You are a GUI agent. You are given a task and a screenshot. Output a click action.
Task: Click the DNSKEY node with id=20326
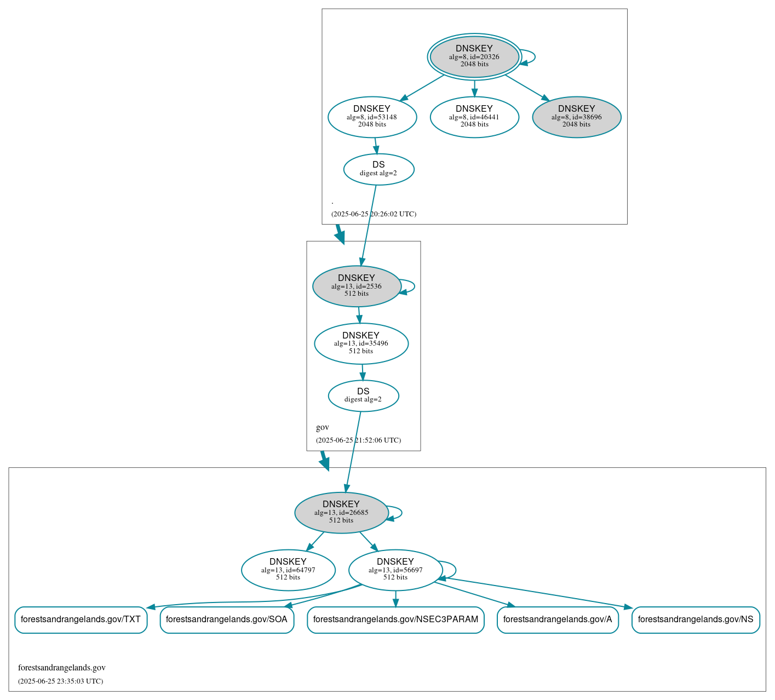(474, 56)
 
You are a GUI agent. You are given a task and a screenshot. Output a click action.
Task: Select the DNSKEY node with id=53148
(372, 117)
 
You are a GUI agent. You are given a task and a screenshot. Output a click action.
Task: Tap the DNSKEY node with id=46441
(474, 117)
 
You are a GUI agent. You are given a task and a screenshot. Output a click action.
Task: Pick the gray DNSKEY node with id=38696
(576, 117)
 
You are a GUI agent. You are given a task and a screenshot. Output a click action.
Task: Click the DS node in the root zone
(378, 169)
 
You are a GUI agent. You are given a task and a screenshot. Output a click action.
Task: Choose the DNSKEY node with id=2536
(357, 286)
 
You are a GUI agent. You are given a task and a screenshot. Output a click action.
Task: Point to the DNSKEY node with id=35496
(361, 343)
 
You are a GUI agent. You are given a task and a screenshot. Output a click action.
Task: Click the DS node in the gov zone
(363, 395)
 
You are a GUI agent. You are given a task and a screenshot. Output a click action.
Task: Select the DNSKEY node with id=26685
(341, 512)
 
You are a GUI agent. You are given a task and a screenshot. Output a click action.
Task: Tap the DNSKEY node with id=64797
(288, 570)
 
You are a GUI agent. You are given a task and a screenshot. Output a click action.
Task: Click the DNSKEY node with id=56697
(395, 570)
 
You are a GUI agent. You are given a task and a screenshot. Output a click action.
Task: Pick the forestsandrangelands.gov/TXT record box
(81, 619)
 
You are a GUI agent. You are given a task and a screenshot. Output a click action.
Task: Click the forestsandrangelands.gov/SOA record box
(227, 619)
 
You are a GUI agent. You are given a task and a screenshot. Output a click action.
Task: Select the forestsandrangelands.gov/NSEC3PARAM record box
(395, 619)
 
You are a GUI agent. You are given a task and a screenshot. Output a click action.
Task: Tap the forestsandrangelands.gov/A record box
(558, 619)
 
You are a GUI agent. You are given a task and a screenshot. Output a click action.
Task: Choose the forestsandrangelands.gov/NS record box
(696, 619)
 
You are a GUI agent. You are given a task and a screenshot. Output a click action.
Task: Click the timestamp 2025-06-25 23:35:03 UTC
(60, 681)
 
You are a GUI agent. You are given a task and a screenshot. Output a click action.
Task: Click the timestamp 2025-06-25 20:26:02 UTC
(374, 214)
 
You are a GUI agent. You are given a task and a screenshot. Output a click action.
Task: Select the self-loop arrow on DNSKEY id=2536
(414, 286)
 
